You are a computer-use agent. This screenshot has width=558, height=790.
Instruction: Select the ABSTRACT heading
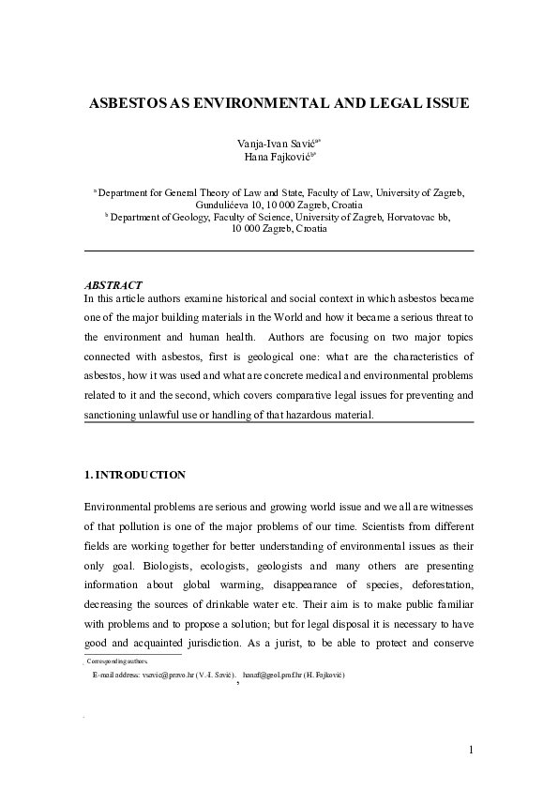click(113, 285)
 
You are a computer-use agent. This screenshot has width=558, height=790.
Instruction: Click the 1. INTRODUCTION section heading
click(135, 475)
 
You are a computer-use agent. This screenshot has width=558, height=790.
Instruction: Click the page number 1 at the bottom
click(471, 748)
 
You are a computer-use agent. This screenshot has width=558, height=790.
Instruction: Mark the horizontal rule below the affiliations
click(279, 251)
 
